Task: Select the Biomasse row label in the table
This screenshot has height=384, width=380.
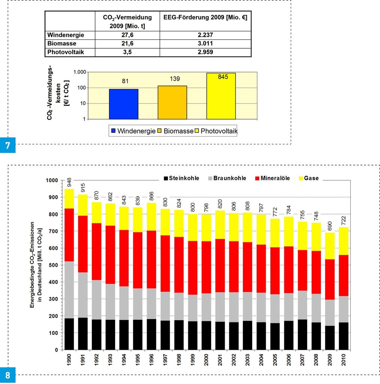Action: (62, 44)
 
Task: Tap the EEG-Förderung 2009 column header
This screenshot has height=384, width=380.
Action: (205, 17)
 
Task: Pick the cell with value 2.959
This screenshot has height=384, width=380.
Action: (205, 52)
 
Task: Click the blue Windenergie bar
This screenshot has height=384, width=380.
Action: (123, 104)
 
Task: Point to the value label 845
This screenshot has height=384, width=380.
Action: (223, 77)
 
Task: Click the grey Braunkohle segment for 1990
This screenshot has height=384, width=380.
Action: (69, 289)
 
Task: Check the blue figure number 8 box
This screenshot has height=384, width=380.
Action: (8, 375)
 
